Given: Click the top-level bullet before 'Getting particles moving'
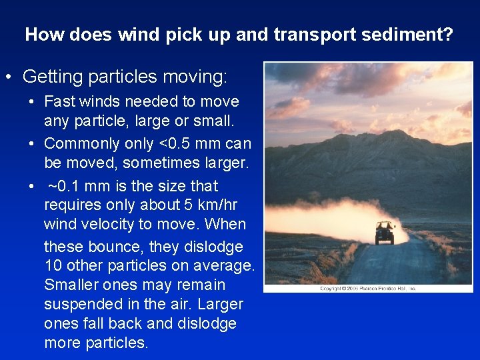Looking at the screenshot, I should click(9, 77).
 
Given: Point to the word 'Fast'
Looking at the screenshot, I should click(59, 102).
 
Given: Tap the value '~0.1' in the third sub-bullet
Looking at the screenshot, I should click(65, 186).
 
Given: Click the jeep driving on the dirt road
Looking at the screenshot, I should click(385, 232).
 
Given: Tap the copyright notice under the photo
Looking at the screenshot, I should click(367, 289).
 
